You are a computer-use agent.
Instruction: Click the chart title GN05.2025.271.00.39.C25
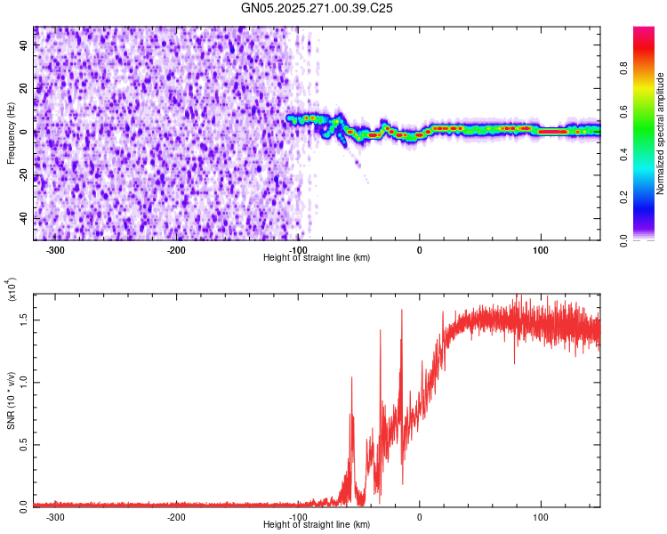point(317,9)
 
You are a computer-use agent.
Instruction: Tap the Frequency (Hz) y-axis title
point(11,133)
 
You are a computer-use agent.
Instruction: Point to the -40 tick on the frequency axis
point(22,219)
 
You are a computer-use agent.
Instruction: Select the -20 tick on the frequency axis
point(22,175)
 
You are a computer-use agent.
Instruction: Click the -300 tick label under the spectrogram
point(55,250)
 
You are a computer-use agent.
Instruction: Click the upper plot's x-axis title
point(317,258)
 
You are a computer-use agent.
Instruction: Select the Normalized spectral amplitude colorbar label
point(661,133)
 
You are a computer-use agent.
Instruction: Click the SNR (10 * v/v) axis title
point(11,399)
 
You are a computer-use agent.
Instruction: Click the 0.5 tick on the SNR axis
point(22,444)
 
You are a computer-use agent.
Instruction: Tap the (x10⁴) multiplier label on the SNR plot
point(12,290)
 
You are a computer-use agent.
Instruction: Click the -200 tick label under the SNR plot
point(176,517)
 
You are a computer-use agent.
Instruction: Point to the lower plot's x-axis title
point(317,525)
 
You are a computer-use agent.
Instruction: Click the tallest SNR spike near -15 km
point(402,310)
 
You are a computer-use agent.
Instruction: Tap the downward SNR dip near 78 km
point(514,362)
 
